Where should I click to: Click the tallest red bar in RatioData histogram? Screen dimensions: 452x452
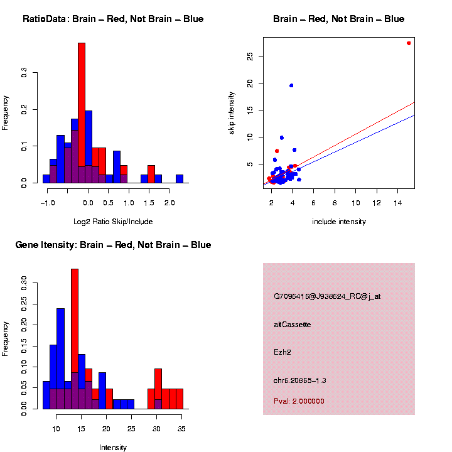(82, 113)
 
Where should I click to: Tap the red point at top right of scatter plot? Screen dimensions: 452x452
(409, 43)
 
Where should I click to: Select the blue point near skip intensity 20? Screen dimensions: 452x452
(291, 85)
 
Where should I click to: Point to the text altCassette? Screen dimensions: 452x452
(293, 325)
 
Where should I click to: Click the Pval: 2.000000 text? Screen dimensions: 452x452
(299, 401)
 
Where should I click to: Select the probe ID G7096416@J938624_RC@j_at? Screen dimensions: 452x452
(327, 296)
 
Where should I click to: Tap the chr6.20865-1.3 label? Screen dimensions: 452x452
(300, 380)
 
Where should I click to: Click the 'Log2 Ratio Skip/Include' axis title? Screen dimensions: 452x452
(113, 222)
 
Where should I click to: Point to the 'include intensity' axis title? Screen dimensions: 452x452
(339, 222)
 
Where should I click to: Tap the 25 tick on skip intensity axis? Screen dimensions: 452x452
(250, 56)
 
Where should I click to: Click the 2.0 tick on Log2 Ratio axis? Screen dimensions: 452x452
(169, 203)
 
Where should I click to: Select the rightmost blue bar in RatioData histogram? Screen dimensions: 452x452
(180, 179)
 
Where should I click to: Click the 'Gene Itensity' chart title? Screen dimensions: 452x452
(113, 245)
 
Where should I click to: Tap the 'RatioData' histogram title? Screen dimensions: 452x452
(113, 19)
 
